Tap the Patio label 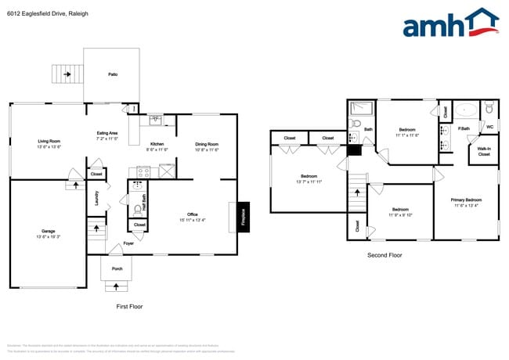click(113, 75)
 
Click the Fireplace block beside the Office click(243, 215)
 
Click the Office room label click(192, 217)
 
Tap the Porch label click(117, 268)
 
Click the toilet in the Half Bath click(138, 208)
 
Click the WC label click(489, 126)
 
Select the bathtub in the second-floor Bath click(363, 109)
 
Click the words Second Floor click(384, 255)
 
